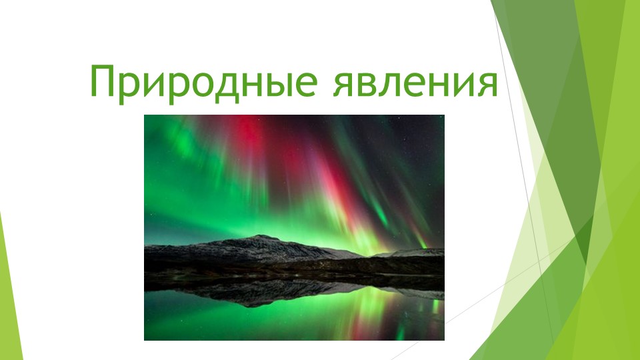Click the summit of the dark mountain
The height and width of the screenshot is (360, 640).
[264, 237]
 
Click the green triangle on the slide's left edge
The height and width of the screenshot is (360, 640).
[5, 293]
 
